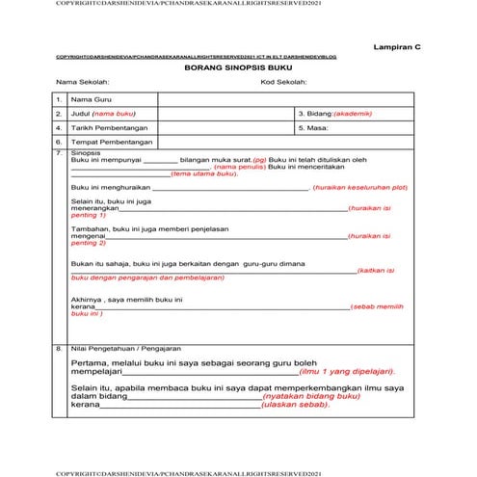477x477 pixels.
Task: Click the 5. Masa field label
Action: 317,127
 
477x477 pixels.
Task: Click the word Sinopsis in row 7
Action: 87,151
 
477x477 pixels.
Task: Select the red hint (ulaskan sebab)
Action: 298,405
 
